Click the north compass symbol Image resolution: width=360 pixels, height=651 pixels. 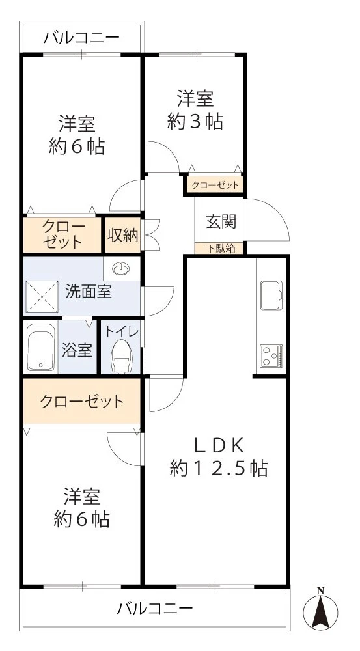click(x=320, y=610)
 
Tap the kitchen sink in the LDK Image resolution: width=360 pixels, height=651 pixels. click(x=271, y=295)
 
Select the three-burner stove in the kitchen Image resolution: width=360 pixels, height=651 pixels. click(x=271, y=356)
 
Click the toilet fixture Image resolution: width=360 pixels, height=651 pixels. click(x=122, y=356)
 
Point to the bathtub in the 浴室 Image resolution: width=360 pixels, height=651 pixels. click(x=41, y=347)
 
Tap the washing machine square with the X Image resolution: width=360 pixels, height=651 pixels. click(x=42, y=297)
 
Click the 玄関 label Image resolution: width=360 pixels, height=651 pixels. click(x=221, y=221)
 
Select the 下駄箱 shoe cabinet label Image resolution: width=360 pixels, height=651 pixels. click(x=221, y=249)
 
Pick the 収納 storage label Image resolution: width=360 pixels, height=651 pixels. click(x=122, y=235)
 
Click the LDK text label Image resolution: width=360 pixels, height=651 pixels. click(x=219, y=447)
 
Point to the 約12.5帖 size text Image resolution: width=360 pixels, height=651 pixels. click(x=218, y=469)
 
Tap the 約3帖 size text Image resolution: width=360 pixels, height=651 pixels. click(x=195, y=121)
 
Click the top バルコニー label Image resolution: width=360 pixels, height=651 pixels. click(x=82, y=38)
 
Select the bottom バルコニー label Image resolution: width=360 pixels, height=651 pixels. click(x=155, y=609)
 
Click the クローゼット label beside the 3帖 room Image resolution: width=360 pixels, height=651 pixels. click(x=214, y=185)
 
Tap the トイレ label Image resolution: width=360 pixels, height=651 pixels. click(x=122, y=332)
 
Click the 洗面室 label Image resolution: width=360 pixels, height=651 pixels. click(x=89, y=292)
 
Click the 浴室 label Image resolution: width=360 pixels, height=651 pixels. click(x=77, y=350)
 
